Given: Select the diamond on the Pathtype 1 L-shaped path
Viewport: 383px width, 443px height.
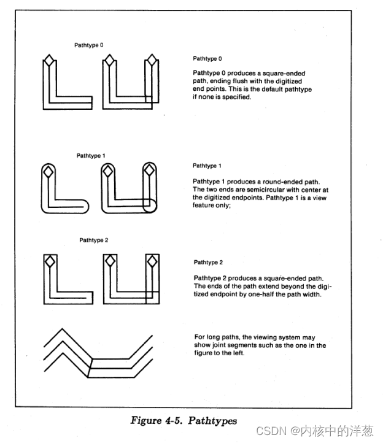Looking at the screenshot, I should (x=48, y=171).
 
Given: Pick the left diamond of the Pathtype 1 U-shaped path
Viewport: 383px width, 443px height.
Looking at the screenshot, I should (x=109, y=171).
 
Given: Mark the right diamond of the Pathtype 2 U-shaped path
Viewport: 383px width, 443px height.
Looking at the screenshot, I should (x=152, y=262).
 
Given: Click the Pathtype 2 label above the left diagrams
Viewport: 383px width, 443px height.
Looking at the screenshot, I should (x=93, y=240).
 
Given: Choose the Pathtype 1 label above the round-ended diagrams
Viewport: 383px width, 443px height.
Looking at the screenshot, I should (x=91, y=156).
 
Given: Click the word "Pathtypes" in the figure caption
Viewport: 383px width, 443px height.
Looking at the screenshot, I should (x=212, y=420).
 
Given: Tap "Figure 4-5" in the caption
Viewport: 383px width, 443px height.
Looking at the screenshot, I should (x=155, y=420).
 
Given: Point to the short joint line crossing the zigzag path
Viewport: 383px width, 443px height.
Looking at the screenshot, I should (x=89, y=366).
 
